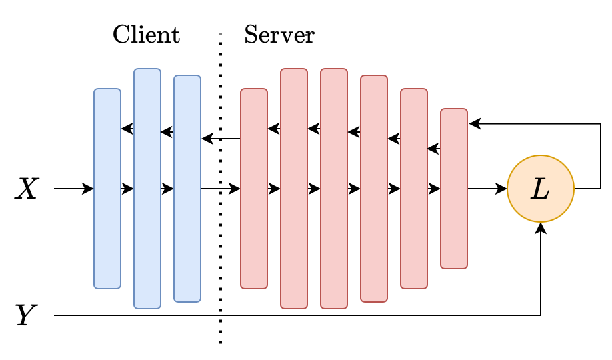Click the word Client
point(146,35)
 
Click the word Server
point(278,35)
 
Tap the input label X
point(28,190)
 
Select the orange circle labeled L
point(540,189)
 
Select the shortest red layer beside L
point(454,227)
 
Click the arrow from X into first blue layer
point(74,189)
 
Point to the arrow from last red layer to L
point(488,189)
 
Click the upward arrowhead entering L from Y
point(541,228)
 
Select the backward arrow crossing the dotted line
point(221,139)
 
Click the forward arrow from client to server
point(221,189)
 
